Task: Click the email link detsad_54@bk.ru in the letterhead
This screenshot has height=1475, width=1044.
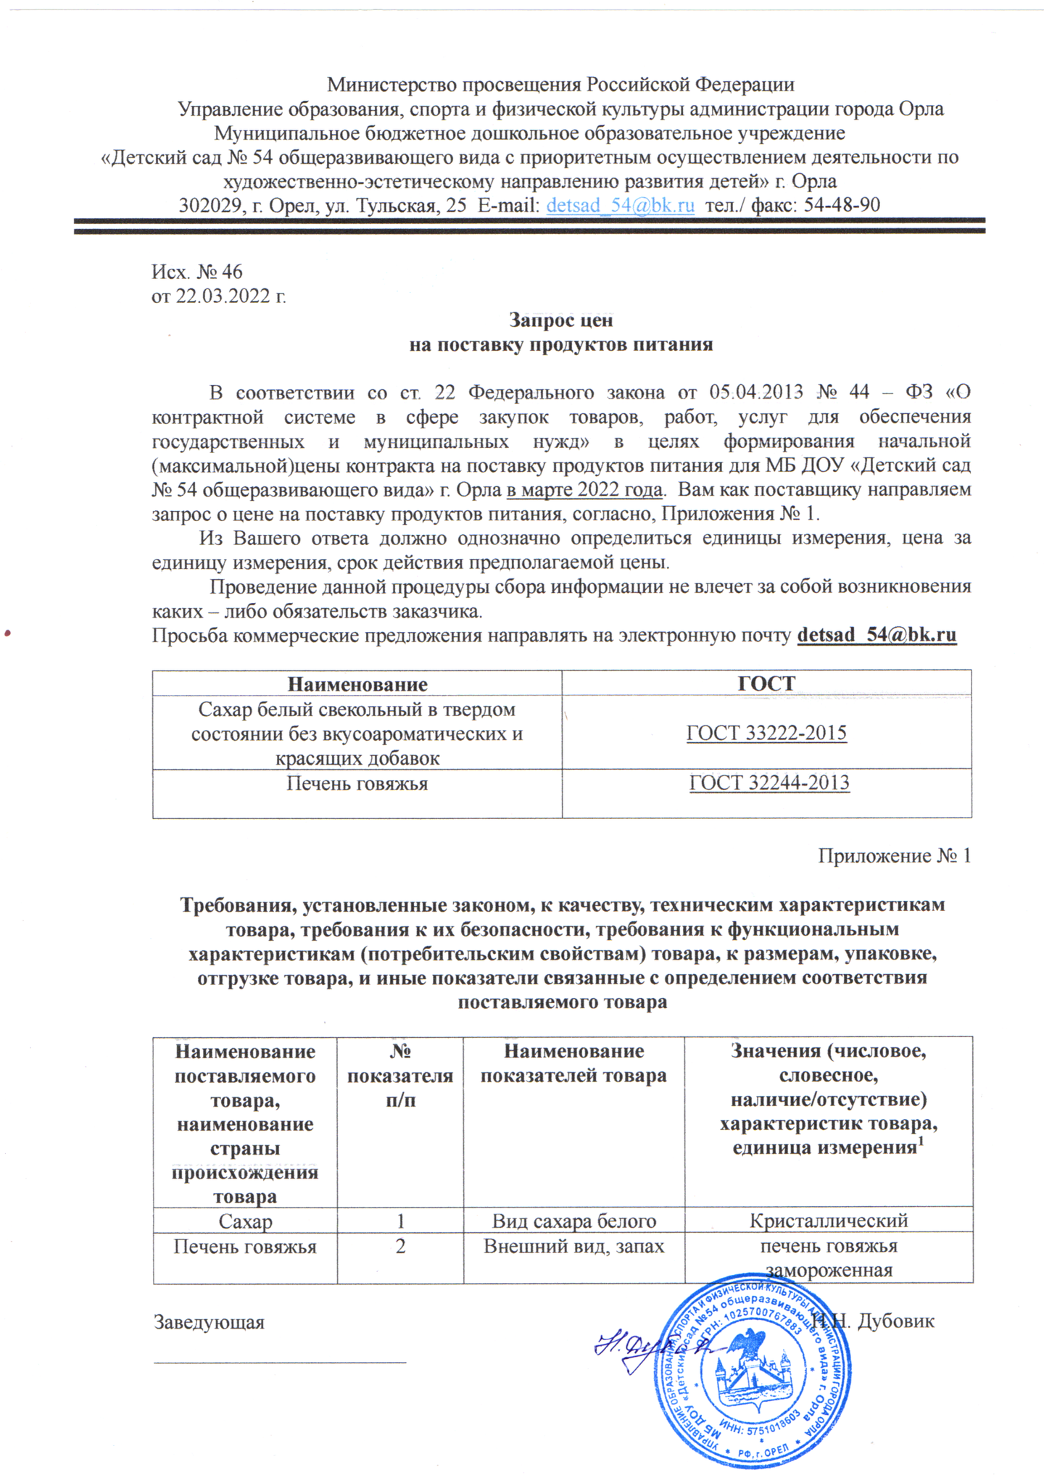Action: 620,205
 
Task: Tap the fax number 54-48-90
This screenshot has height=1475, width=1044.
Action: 842,205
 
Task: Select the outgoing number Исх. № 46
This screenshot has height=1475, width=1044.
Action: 196,272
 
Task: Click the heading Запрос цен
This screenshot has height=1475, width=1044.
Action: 560,320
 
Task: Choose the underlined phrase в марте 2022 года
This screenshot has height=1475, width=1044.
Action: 584,489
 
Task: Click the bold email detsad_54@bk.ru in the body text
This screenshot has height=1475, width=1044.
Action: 877,635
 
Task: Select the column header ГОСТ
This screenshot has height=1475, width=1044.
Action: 766,684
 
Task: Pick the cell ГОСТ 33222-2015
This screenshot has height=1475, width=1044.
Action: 766,733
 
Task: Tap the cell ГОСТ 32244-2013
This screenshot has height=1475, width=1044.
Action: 768,783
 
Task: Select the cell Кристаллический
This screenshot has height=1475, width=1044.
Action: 828,1221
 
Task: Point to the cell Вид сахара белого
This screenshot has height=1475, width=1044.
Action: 573,1221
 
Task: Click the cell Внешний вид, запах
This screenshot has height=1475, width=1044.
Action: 573,1246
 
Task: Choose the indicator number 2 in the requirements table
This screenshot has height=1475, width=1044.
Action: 400,1246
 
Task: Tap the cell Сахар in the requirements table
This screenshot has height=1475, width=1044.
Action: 245,1221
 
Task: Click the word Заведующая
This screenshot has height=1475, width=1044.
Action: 209,1321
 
